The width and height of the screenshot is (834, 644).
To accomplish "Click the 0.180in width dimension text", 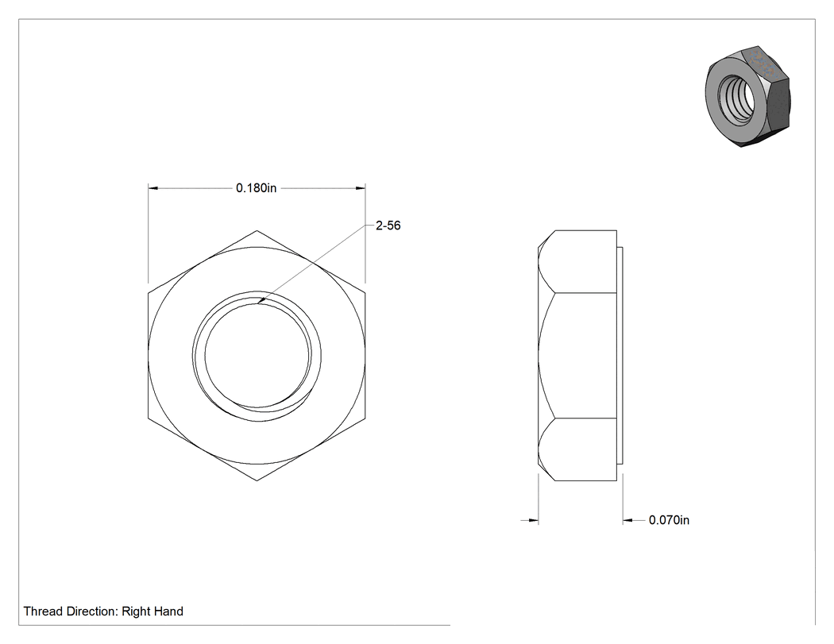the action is point(257,188).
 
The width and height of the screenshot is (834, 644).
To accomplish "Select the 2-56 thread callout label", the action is point(388,226).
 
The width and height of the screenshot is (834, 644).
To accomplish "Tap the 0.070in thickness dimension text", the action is point(669,520).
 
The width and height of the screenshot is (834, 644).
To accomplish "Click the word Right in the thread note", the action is point(136,611).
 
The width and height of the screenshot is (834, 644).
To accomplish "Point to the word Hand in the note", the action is point(168,611).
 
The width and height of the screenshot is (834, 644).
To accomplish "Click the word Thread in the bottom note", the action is point(43,611).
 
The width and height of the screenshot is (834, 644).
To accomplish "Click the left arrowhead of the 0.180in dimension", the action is point(153,187).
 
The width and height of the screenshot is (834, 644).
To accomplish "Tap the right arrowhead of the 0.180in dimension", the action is point(360,187).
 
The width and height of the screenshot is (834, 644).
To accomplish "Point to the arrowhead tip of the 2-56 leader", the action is point(257,303).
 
